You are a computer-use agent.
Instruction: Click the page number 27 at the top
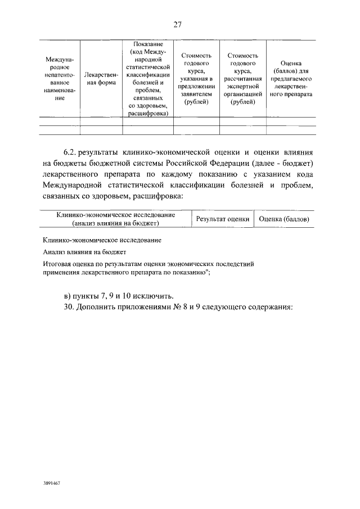tap(178, 24)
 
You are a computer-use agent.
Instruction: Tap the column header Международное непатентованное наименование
tap(60, 78)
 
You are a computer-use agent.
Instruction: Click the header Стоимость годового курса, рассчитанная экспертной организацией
tap(242, 78)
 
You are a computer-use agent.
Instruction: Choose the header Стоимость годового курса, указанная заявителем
tap(196, 78)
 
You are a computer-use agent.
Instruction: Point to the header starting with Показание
tap(148, 78)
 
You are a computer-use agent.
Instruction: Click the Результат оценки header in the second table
tap(222, 219)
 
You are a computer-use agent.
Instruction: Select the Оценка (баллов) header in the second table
tap(285, 219)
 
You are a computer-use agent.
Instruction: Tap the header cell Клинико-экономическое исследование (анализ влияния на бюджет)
tap(116, 219)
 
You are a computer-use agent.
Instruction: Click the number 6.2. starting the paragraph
tap(70, 152)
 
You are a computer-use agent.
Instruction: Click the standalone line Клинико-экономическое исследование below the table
tap(102, 240)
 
